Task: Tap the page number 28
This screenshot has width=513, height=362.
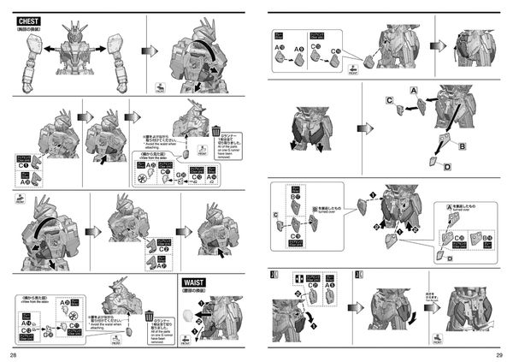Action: point(13,353)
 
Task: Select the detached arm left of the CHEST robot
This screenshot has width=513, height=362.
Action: point(29,62)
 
